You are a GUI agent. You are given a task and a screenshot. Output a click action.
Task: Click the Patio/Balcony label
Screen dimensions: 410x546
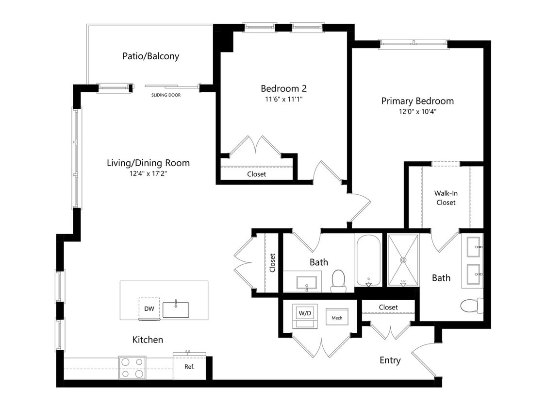pyautogui.click(x=150, y=56)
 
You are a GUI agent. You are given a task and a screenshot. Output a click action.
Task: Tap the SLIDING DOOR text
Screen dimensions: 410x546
pyautogui.click(x=166, y=95)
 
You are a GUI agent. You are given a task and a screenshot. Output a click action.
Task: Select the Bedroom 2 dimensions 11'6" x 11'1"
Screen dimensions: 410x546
pyautogui.click(x=283, y=99)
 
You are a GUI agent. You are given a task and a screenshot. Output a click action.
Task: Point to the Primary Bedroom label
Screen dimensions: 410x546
pyautogui.click(x=417, y=101)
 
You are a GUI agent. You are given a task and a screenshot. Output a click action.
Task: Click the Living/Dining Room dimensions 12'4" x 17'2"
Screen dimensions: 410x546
pyautogui.click(x=148, y=173)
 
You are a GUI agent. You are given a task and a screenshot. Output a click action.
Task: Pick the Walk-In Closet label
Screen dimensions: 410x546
pyautogui.click(x=446, y=198)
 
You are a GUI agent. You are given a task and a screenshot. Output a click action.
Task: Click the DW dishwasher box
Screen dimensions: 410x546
pyautogui.click(x=149, y=309)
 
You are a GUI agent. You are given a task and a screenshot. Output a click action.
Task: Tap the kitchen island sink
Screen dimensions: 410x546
pyautogui.click(x=176, y=309)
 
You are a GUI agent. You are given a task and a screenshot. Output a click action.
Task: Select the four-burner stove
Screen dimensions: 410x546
pyautogui.click(x=132, y=368)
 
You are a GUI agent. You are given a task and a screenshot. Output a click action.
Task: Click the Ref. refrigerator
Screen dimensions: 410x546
pyautogui.click(x=189, y=367)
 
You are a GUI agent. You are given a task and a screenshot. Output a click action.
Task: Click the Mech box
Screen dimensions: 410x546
pyautogui.click(x=337, y=318)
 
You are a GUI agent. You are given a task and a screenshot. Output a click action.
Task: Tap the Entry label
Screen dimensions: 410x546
pyautogui.click(x=390, y=360)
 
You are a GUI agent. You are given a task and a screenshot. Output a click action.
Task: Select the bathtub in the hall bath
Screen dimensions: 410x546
pyautogui.click(x=369, y=260)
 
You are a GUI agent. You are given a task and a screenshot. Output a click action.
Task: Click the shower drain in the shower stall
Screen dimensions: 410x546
pyautogui.click(x=403, y=260)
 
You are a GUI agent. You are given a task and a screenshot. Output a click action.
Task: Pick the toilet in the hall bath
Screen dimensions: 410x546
pyautogui.click(x=338, y=281)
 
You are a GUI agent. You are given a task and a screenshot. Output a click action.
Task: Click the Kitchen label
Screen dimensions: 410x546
pyautogui.click(x=148, y=340)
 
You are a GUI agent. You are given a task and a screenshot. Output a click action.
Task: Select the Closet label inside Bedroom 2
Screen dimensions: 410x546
pyautogui.click(x=256, y=174)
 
